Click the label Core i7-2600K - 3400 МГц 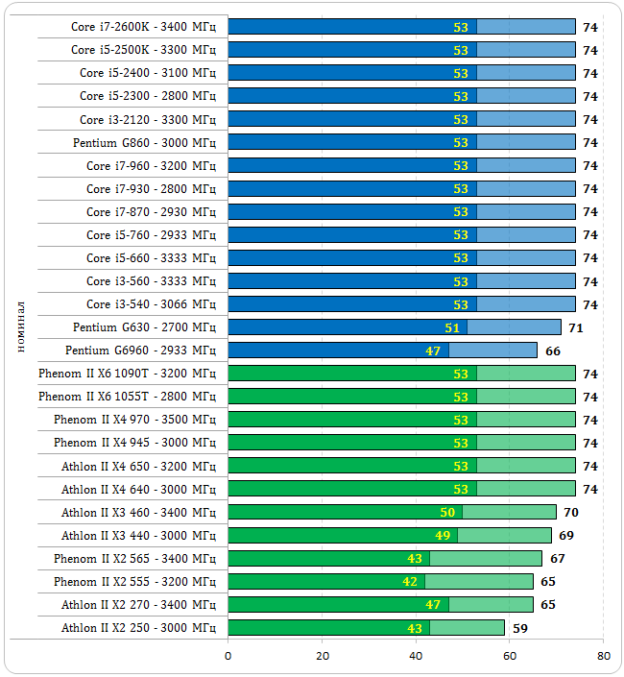143,27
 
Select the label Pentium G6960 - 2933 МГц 140,351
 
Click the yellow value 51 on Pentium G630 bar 452,327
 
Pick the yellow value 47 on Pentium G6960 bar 433,351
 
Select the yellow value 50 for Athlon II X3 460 447,513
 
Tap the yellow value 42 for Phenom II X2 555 410,582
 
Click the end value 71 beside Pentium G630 576,327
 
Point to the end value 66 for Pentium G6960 553,351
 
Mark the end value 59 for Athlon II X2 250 520,628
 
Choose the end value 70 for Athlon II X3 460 571,513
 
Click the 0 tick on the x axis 228,656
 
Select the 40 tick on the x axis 416,656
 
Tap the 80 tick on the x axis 603,656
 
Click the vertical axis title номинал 20,327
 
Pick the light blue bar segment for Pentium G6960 492,351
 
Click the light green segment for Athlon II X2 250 467,628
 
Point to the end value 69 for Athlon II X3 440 566,536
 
